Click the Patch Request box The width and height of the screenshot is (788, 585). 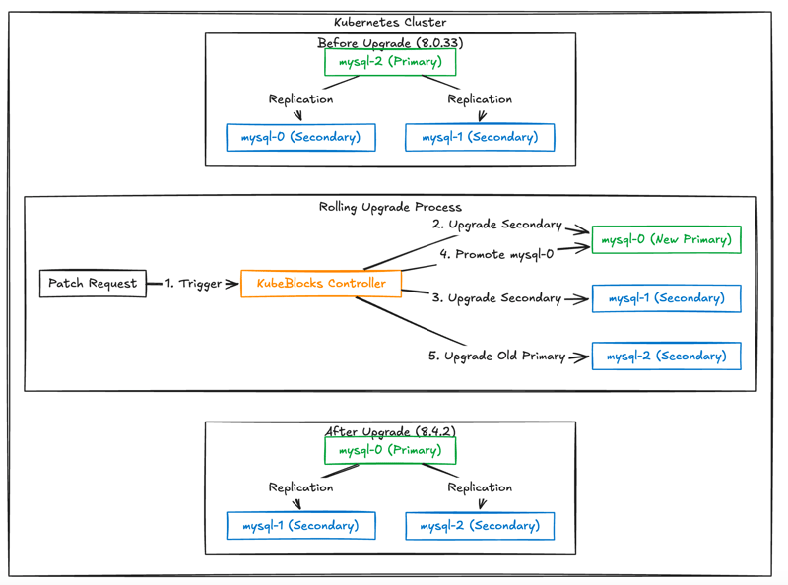93,284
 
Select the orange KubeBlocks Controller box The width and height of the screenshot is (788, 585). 321,284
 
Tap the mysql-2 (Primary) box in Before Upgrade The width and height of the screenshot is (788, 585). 390,62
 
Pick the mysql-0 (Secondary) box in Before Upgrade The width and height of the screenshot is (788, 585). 300,137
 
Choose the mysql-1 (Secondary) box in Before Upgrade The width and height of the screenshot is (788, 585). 480,137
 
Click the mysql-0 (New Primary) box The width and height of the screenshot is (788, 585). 667,239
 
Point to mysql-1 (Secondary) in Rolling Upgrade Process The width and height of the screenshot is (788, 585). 667,298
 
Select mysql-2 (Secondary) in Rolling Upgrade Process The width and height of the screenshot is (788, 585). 667,356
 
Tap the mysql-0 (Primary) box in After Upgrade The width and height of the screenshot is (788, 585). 390,450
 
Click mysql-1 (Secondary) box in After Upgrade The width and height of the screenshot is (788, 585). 300,526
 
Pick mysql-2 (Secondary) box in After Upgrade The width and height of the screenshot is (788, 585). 480,526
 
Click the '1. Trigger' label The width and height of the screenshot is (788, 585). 193,284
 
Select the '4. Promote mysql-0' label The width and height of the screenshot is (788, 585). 497,254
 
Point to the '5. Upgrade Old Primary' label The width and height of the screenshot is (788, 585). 497,356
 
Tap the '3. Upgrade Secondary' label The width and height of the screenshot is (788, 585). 497,298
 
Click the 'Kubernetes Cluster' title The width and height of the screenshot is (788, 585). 390,22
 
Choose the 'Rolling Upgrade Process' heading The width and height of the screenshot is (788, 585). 390,207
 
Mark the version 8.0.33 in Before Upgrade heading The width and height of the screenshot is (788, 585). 439,43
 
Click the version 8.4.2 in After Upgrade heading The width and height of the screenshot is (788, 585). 435,431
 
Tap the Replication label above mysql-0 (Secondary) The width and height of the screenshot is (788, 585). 300,99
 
